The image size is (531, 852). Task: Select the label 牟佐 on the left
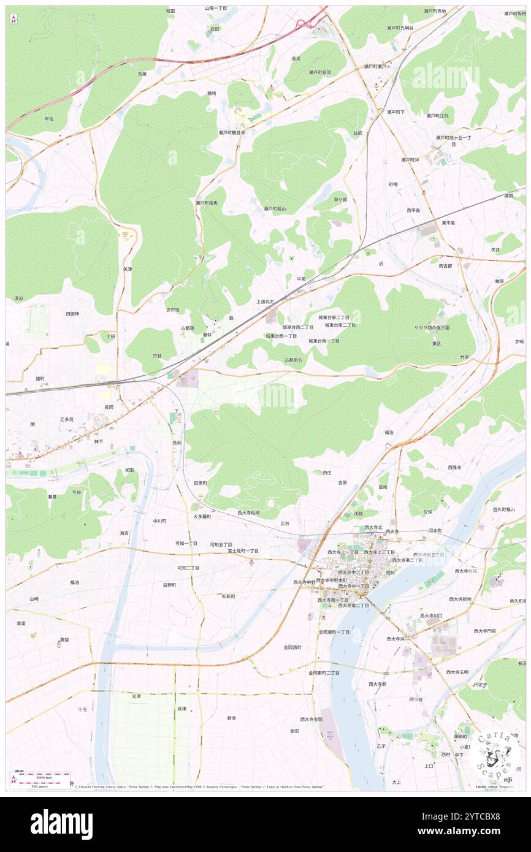(x=48, y=118)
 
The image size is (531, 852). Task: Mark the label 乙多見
(x=66, y=419)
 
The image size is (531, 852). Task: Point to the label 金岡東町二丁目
(x=324, y=672)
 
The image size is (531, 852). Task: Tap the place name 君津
(x=231, y=718)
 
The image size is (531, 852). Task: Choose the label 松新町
(x=229, y=596)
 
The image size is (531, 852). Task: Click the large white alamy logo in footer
(x=61, y=824)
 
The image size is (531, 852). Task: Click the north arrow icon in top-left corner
(x=13, y=18)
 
